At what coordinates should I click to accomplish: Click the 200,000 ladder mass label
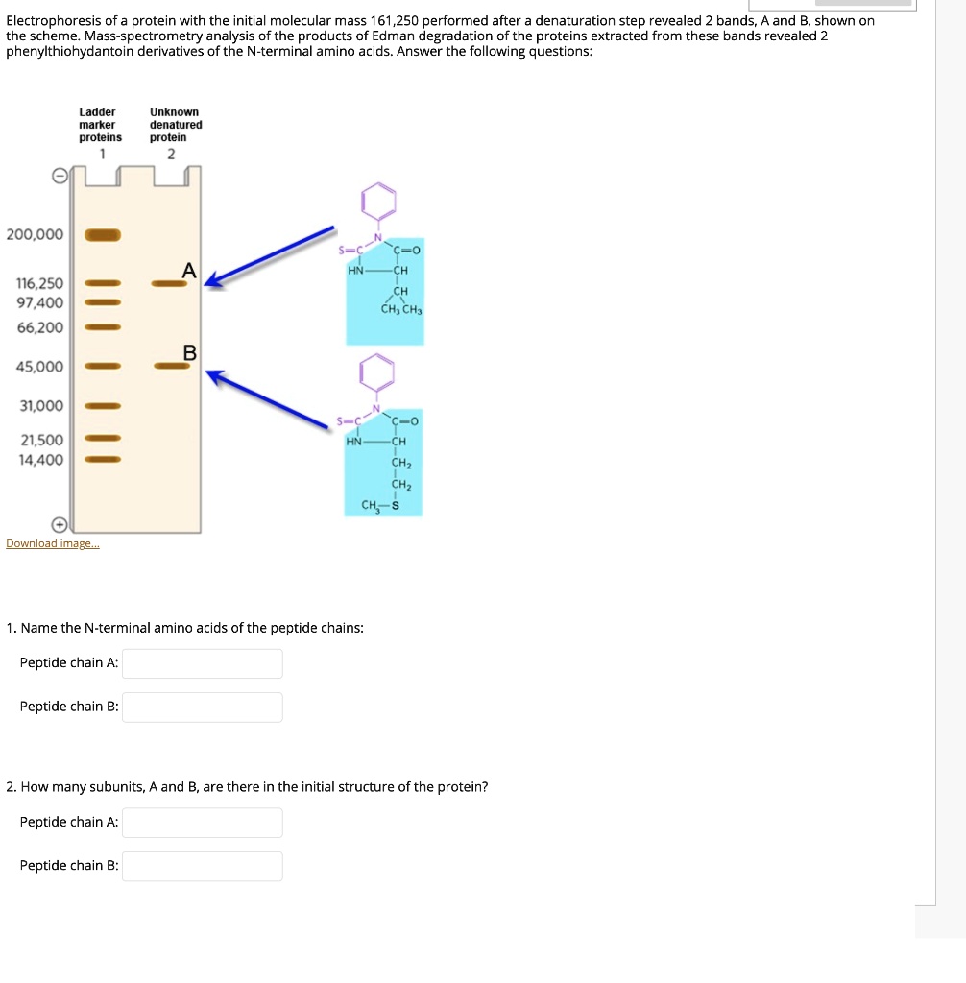pyautogui.click(x=35, y=234)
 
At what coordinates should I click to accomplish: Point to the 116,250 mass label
pyautogui.click(x=40, y=284)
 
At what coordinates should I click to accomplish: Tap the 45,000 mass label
pyautogui.click(x=39, y=367)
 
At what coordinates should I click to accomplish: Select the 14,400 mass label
pyautogui.click(x=40, y=460)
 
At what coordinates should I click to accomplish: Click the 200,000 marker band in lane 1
pyautogui.click(x=103, y=234)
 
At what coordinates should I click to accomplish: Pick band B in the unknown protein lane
pyautogui.click(x=169, y=366)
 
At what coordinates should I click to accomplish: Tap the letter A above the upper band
pyautogui.click(x=189, y=272)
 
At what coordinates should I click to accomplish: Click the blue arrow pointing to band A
pyautogui.click(x=272, y=254)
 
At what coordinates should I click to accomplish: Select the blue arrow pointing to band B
pyautogui.click(x=272, y=396)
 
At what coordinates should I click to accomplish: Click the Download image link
pyautogui.click(x=52, y=544)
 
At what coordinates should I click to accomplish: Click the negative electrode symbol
pyautogui.click(x=60, y=177)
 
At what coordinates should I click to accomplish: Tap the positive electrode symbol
pyautogui.click(x=60, y=524)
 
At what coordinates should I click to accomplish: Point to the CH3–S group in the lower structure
pyautogui.click(x=380, y=505)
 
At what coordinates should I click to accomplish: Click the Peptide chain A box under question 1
pyautogui.click(x=203, y=663)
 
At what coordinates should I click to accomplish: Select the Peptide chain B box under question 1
pyautogui.click(x=203, y=707)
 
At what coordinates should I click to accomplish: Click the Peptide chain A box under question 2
pyautogui.click(x=203, y=823)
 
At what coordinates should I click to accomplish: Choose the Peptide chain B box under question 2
pyautogui.click(x=203, y=867)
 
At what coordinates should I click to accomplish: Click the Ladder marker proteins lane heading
pyautogui.click(x=100, y=125)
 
